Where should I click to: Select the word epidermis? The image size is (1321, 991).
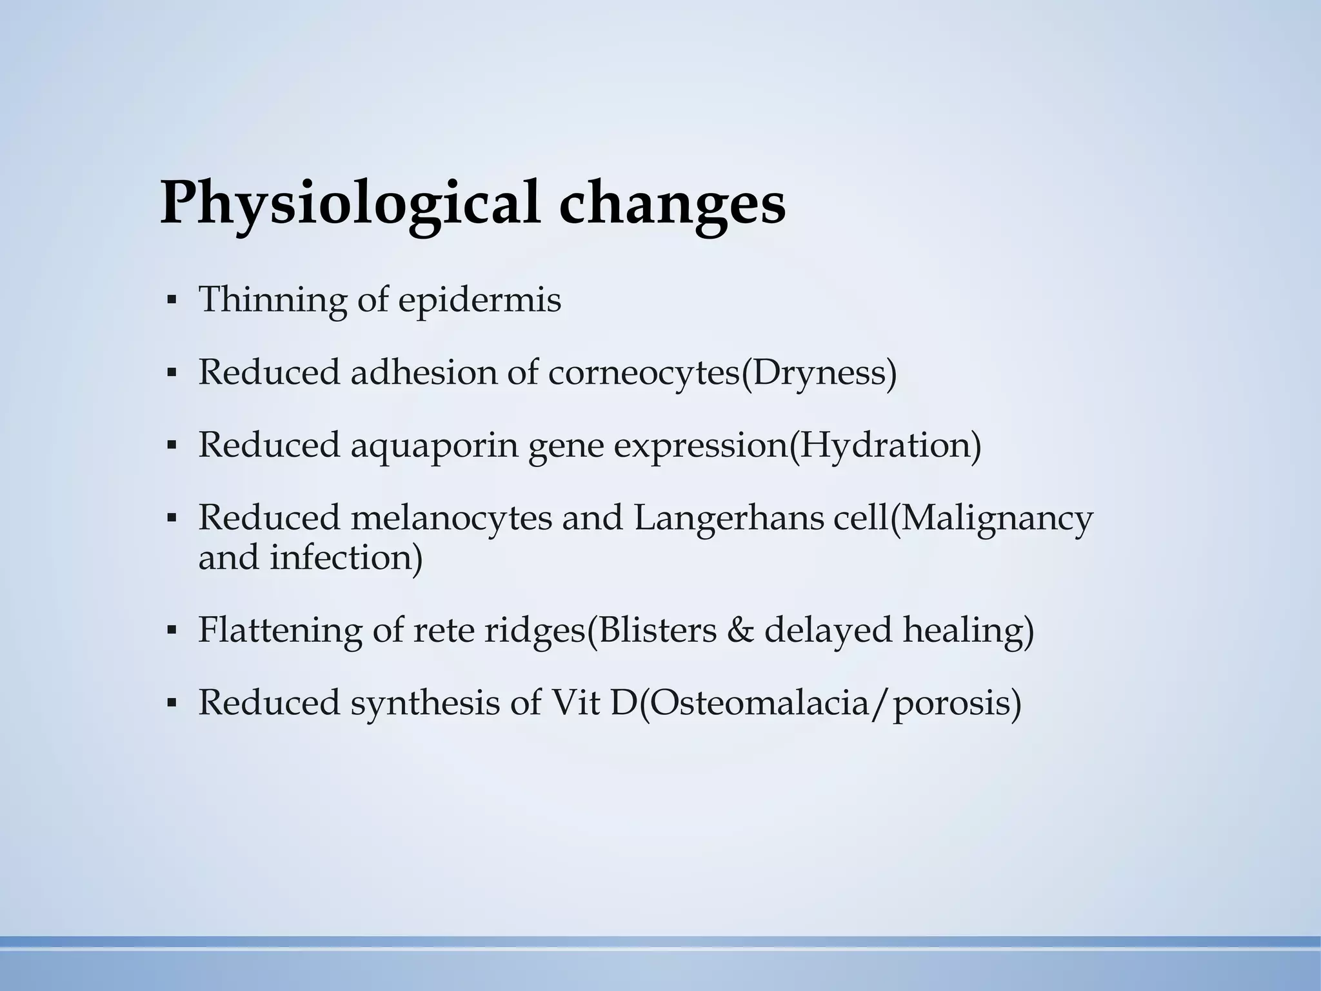click(x=479, y=301)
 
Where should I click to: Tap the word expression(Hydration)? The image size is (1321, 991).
click(x=797, y=446)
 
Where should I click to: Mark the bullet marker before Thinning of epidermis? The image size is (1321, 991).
click(x=171, y=301)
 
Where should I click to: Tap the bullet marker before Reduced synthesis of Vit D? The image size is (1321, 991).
click(x=171, y=703)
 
